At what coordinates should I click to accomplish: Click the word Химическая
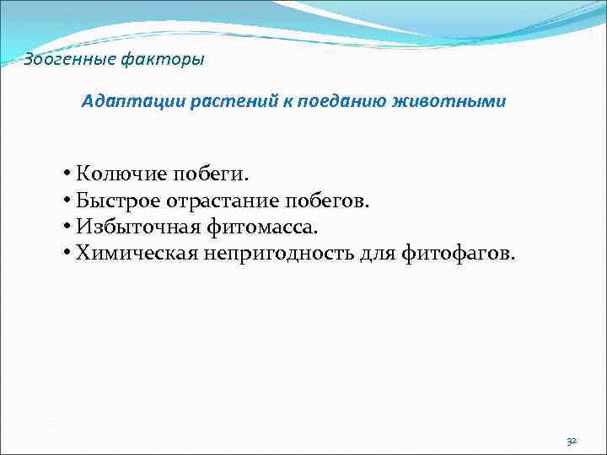132,252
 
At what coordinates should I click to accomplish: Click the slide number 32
572,441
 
